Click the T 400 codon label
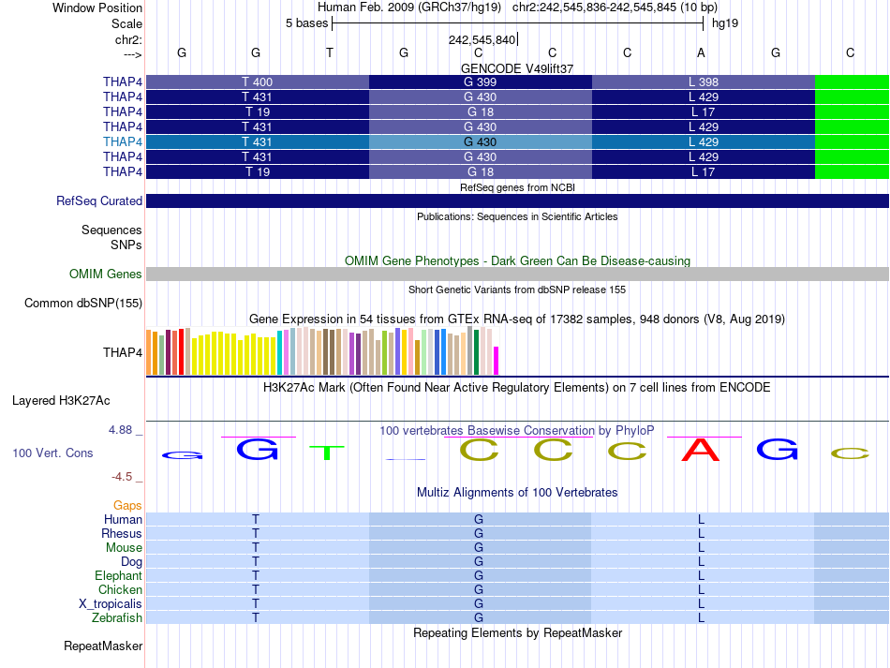(257, 82)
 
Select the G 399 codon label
(480, 82)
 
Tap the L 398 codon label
(703, 82)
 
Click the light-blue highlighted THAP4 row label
(123, 141)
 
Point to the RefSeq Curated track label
(99, 200)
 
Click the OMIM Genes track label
(106, 275)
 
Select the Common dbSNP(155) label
(83, 303)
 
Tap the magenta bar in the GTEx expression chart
(497, 360)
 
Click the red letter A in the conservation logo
(701, 451)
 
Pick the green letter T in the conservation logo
(327, 453)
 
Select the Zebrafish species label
(117, 618)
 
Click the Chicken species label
(121, 590)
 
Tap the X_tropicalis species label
(111, 604)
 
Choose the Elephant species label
(118, 576)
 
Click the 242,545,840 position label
(482, 40)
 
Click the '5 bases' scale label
(306, 22)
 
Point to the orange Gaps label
(127, 505)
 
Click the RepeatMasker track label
(103, 646)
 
